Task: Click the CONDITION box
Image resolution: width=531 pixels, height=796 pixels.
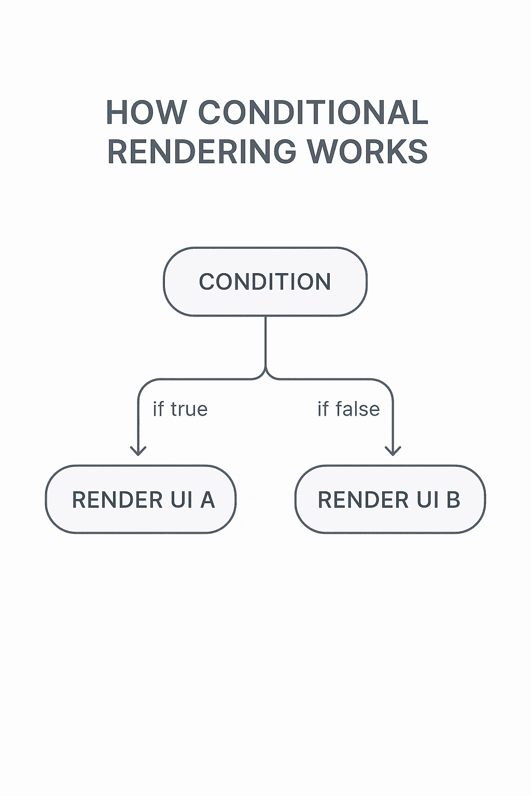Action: tap(265, 282)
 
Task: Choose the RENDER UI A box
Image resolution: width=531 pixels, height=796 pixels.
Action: tap(141, 500)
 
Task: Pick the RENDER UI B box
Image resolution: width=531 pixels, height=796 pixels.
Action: tap(390, 500)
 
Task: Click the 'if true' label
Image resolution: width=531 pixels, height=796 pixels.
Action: tap(180, 409)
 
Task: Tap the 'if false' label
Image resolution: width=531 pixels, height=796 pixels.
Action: tap(348, 409)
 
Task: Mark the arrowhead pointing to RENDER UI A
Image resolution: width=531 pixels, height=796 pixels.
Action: tap(138, 450)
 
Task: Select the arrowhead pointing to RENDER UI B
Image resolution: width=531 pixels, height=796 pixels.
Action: tap(393, 450)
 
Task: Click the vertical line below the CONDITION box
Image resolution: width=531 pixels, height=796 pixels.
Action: tap(265, 342)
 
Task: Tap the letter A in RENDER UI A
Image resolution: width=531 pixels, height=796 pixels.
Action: tap(207, 500)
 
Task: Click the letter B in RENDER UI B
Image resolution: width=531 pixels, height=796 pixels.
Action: tap(453, 500)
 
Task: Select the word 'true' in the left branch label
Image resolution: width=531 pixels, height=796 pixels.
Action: tap(189, 409)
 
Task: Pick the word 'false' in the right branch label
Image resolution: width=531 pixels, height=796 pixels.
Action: tap(357, 409)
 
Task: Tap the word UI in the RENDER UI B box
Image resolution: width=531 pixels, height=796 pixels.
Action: tap(427, 500)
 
